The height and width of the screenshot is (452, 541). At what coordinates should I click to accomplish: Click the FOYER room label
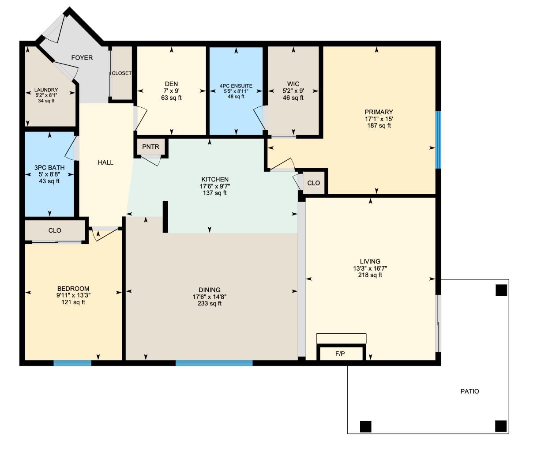coord(82,58)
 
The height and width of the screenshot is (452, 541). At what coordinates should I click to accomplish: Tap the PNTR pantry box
coord(150,147)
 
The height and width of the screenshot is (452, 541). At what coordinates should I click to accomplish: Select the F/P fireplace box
coord(340,354)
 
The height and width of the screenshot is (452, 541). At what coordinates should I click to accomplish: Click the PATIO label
coord(470,391)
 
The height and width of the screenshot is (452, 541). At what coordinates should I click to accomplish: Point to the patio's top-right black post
coord(501,290)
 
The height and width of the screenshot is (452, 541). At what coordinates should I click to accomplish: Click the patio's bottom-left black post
coord(365,426)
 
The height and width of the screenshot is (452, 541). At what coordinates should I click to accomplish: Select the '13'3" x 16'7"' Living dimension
coord(370,268)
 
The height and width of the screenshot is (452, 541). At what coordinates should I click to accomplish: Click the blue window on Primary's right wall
coord(438,139)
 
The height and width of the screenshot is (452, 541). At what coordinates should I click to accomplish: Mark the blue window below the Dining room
coord(214,363)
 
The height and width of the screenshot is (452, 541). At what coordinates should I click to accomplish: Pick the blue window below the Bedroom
coord(72,363)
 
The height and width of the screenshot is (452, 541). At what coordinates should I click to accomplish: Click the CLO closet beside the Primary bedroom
coord(313,183)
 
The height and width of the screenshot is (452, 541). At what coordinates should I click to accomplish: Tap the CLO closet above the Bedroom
coord(55,230)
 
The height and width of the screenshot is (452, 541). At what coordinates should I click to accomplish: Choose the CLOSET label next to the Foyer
coord(121,73)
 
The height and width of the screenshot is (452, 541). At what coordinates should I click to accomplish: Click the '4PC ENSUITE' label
coord(236,86)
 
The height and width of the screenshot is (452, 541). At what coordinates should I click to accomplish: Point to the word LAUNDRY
coord(46,90)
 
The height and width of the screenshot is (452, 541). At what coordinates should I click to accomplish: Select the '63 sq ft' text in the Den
coord(172,98)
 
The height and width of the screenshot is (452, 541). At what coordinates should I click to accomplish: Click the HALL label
coord(106,162)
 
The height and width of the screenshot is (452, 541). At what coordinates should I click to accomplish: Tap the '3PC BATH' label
coord(49,168)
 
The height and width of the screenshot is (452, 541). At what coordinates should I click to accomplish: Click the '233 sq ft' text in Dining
coord(210,304)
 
